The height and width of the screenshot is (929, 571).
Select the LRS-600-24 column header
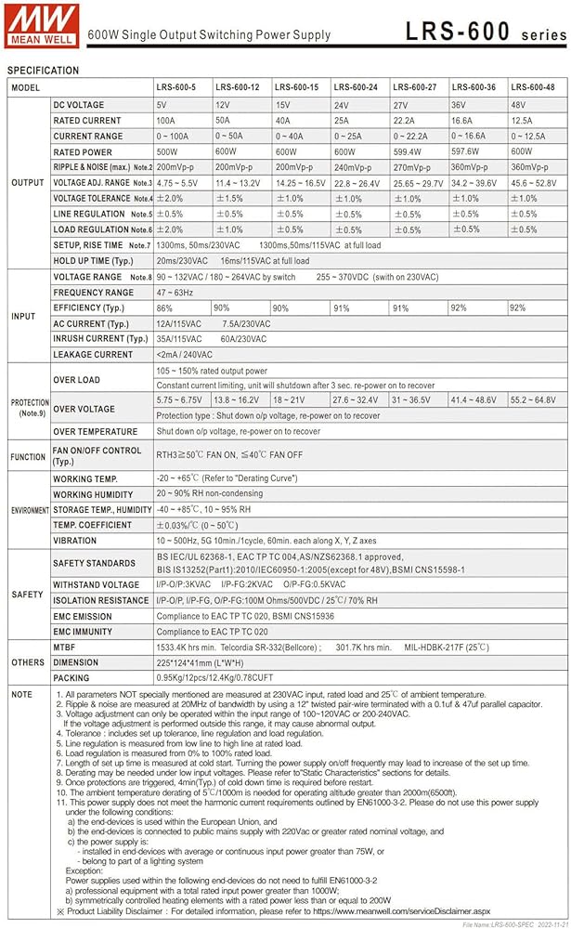[357, 87]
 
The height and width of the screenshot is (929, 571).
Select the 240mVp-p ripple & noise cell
[354, 167]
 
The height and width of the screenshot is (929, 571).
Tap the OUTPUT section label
[27, 183]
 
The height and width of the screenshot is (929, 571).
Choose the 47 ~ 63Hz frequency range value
[174, 293]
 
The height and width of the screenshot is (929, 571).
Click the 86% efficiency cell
[164, 307]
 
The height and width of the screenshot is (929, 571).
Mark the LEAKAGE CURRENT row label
[93, 355]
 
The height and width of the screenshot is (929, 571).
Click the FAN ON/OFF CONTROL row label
[97, 455]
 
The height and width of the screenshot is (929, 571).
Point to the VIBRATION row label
[75, 541]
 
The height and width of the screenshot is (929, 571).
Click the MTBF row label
[66, 648]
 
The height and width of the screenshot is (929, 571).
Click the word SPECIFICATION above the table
[43, 71]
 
